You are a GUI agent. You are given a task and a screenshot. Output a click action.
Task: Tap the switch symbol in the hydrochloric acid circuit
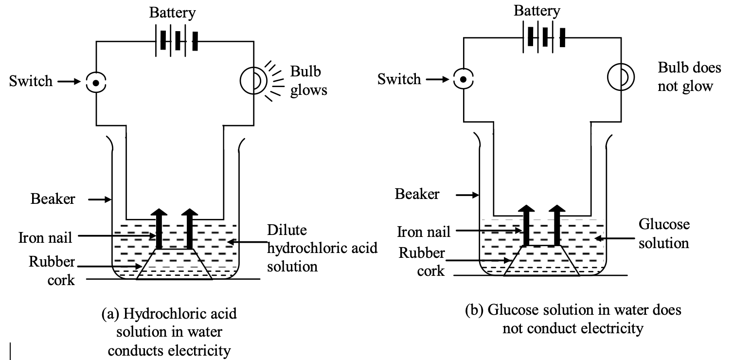click(x=96, y=83)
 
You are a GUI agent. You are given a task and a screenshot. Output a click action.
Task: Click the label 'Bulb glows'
click(x=308, y=80)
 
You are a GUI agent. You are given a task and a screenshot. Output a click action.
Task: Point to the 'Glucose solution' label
click(x=663, y=234)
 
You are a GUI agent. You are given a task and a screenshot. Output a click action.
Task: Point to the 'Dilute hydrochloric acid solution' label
click(x=322, y=248)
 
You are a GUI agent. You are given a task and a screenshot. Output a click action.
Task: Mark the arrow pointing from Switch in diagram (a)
click(x=69, y=82)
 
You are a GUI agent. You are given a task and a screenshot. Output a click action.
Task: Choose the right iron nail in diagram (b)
click(x=556, y=225)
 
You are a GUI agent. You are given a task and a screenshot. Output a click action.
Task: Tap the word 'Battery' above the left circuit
click(x=172, y=13)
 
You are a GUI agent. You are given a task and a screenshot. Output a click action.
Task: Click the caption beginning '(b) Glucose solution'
click(x=572, y=319)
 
